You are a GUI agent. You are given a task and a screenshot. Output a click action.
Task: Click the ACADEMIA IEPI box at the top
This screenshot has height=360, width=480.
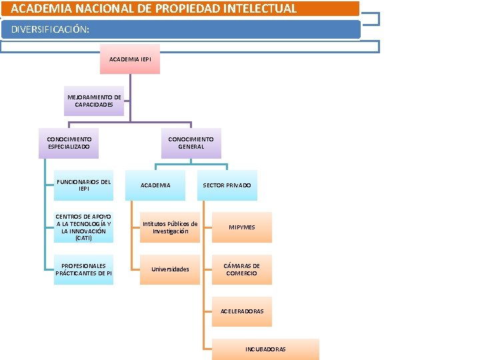[130, 59]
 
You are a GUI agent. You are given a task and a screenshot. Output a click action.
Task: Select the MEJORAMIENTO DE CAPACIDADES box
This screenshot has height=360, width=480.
[94, 101]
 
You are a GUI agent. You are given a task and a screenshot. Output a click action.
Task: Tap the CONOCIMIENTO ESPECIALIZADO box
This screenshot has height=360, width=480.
[69, 143]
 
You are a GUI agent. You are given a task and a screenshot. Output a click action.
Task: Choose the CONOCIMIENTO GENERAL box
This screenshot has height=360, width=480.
[191, 143]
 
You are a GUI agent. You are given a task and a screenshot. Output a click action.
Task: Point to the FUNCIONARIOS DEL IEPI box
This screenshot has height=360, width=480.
[84, 185]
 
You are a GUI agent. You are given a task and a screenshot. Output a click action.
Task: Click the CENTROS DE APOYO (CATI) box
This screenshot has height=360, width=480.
[84, 227]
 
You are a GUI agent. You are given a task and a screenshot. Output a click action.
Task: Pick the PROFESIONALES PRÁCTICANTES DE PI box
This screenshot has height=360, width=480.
[84, 269]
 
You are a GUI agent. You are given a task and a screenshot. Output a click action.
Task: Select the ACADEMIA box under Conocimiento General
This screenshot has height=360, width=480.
[155, 185]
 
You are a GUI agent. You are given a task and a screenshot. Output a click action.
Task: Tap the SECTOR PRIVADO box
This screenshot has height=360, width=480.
[227, 185]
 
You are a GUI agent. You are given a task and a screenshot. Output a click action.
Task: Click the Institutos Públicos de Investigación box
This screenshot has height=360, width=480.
[170, 227]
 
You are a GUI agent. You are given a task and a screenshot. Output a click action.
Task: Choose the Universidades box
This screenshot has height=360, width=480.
[170, 269]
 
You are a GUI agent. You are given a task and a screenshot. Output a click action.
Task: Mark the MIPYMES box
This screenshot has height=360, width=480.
[242, 227]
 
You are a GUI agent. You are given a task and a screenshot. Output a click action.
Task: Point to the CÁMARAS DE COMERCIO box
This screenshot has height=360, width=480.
[242, 269]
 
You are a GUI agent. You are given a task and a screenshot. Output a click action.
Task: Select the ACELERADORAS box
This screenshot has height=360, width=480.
[242, 311]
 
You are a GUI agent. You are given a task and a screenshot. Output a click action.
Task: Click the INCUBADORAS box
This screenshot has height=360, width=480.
[265, 349]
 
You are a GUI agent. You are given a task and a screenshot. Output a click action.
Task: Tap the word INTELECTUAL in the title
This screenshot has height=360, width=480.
[261, 9]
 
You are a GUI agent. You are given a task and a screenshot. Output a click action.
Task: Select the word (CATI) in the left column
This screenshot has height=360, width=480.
[84, 238]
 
